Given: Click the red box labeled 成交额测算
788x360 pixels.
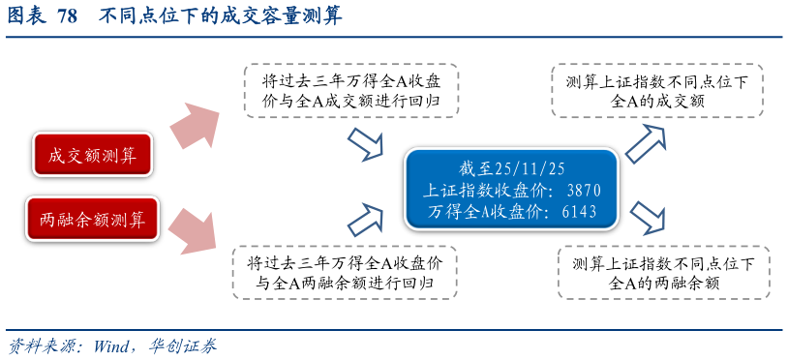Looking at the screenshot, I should click(92, 155).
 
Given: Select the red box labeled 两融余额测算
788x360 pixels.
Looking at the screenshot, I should click(92, 220).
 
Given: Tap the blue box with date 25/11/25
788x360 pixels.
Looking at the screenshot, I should click(511, 189).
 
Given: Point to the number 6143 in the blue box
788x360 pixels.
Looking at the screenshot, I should click(579, 211).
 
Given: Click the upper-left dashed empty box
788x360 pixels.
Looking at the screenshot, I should click(350, 91).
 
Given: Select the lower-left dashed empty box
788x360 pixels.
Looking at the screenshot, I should click(345, 272).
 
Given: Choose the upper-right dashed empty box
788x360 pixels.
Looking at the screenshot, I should click(657, 91).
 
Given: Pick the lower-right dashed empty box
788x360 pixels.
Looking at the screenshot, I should click(664, 272).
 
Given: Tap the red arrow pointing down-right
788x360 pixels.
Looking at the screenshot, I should click(195, 228).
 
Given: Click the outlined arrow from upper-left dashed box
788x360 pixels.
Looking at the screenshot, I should click(366, 145).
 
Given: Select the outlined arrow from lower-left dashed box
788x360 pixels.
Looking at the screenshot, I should click(366, 220).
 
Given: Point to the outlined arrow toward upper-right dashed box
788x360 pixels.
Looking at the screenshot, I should click(646, 142).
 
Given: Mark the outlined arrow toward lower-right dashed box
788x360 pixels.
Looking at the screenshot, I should click(648, 219).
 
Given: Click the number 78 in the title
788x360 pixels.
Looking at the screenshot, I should click(67, 16).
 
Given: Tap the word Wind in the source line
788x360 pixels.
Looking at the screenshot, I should click(112, 345).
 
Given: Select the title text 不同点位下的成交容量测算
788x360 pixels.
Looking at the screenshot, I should click(221, 16).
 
